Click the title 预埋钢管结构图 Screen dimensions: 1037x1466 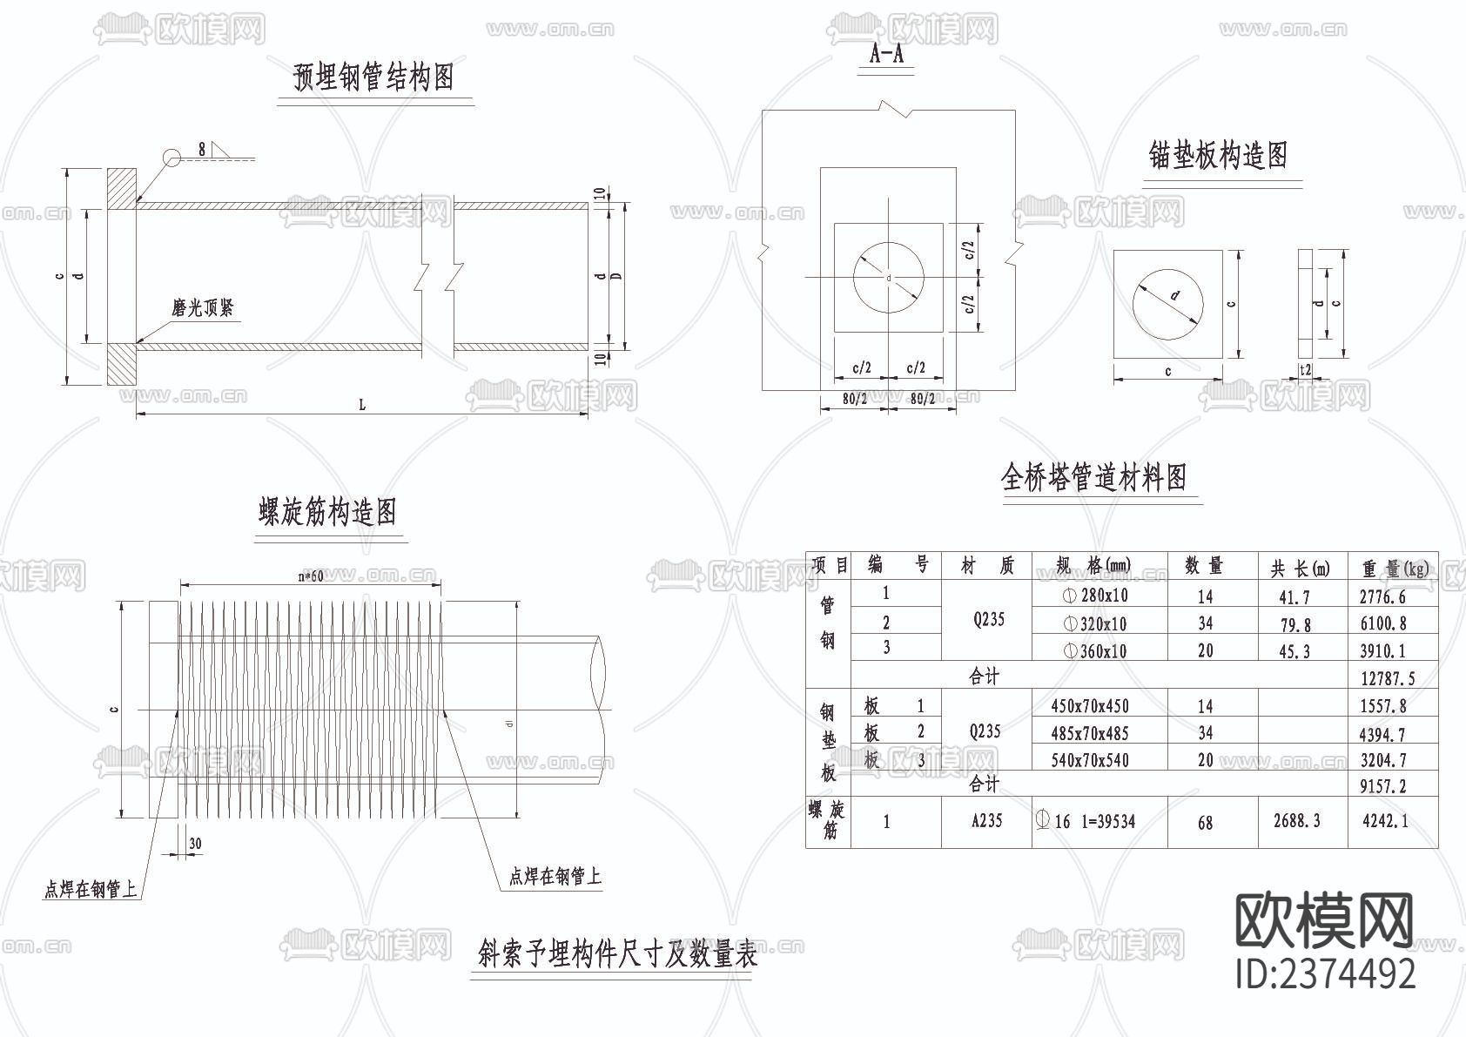[374, 77]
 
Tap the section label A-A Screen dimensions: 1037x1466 [886, 54]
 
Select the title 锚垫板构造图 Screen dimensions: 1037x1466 [1218, 157]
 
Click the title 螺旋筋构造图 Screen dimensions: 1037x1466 [328, 512]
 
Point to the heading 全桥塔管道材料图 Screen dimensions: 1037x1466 [1094, 478]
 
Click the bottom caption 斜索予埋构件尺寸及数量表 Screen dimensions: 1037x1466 [618, 954]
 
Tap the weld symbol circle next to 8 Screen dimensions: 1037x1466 [171, 158]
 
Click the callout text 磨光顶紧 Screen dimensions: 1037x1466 [203, 308]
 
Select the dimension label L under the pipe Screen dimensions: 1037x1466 [362, 405]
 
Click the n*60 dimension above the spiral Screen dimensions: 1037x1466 [311, 576]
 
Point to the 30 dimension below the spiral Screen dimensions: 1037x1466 [195, 844]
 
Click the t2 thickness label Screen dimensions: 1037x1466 [1305, 370]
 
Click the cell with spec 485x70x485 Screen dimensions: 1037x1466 [1089, 733]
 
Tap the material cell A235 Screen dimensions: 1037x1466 [987, 820]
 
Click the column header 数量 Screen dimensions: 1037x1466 [1205, 566]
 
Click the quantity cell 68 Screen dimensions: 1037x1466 [1205, 823]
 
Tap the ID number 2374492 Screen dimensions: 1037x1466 [1326, 973]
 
